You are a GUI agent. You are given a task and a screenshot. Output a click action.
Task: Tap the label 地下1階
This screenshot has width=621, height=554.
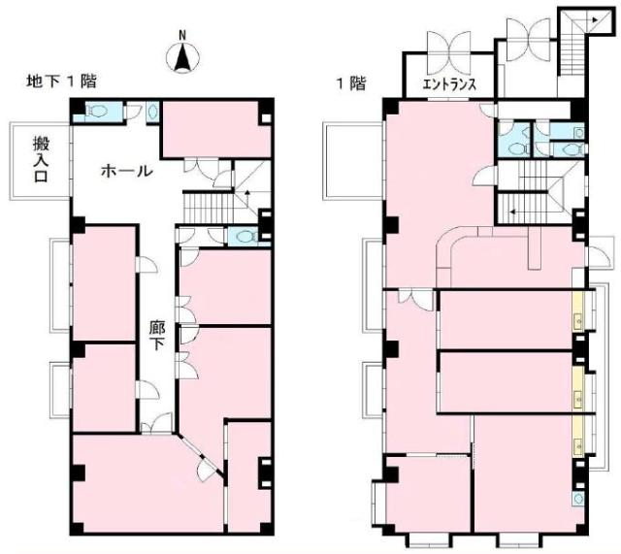61,81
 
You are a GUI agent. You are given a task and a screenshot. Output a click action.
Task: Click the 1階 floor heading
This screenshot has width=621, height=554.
351,83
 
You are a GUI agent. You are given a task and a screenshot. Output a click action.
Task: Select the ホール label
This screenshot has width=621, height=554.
126,172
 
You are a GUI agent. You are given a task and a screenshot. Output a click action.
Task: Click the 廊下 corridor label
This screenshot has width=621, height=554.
157,335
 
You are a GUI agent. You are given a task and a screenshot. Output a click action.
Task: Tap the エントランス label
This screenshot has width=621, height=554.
449,84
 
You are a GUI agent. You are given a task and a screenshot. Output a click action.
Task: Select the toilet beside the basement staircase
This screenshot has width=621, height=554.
245,237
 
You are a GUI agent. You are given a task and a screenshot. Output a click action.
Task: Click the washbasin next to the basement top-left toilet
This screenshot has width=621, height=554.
152,113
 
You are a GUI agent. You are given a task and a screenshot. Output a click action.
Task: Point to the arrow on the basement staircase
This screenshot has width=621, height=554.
247,193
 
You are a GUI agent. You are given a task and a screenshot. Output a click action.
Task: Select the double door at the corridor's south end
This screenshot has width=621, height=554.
157,424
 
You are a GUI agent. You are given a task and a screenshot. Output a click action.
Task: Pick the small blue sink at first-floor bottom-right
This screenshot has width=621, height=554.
577,498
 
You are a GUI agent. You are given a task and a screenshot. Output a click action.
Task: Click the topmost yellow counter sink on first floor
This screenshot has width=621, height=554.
578,319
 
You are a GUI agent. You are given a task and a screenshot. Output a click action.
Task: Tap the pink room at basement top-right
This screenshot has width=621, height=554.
215,129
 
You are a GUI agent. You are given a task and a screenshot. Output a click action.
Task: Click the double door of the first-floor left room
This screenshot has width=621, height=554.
416,300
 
